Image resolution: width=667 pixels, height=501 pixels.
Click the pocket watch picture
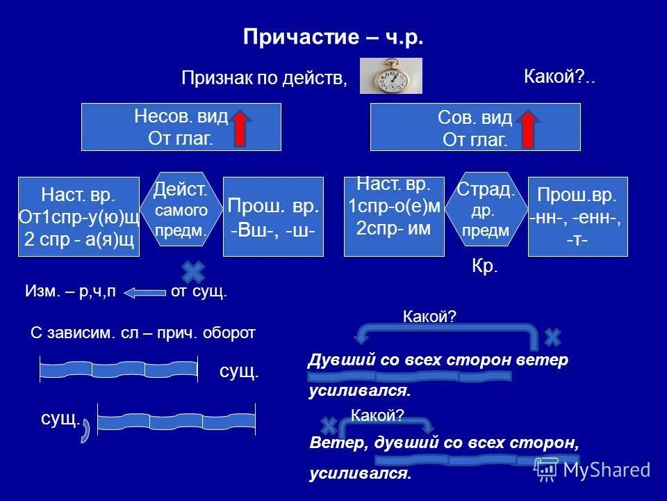pos(390,75)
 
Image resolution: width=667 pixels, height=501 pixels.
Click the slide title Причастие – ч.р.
pos(333,37)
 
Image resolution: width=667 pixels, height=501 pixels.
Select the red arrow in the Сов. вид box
pos(528,128)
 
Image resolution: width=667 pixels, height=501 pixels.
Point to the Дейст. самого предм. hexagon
pos(181,208)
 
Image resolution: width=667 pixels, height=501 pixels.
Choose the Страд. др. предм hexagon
pos(486,209)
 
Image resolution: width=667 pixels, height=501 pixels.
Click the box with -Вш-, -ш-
pos(273,216)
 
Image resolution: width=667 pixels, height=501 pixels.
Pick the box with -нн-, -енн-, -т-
pos(578,216)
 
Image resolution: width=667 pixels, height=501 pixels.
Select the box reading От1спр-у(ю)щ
pos(79,216)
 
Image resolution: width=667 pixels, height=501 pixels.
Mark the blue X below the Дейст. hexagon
pos(193,272)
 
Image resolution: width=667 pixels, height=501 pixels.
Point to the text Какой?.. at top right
pos(560,77)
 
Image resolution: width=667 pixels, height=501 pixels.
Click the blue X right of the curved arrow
pos(552,337)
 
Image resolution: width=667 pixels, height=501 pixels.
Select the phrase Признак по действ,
pos(264,78)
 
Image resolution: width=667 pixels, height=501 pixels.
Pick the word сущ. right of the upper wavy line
pos(239,372)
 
